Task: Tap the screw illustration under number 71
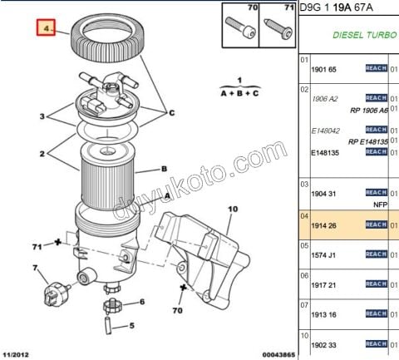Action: point(278,30)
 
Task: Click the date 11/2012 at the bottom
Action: point(19,353)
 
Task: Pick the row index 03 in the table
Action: point(304,185)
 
